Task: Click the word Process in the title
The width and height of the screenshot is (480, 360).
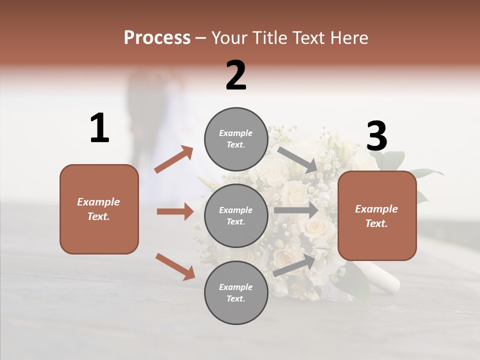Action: click(157, 38)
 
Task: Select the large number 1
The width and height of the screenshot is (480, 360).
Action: click(99, 128)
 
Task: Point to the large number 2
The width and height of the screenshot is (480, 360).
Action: click(236, 75)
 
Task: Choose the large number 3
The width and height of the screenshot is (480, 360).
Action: click(376, 136)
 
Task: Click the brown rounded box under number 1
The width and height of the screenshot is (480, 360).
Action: click(99, 209)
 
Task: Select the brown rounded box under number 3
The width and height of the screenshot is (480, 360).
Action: click(377, 216)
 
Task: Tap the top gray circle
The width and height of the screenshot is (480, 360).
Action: click(236, 139)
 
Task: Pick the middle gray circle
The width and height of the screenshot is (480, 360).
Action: click(236, 216)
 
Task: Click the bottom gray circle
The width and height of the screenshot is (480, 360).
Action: click(236, 293)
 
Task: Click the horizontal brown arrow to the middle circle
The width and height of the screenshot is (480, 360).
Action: click(175, 211)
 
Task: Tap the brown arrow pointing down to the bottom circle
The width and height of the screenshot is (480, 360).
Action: click(175, 266)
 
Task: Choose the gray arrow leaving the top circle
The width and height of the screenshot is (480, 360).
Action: click(297, 159)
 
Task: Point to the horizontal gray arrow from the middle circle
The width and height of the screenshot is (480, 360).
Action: click(296, 210)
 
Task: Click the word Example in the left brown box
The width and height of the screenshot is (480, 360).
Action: click(98, 202)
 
